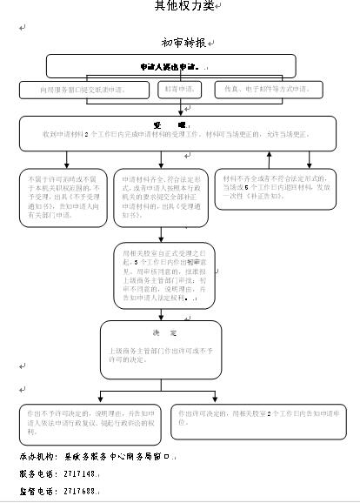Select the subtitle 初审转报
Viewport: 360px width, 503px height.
pyautogui.click(x=183, y=42)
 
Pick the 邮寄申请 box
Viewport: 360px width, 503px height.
pyautogui.click(x=180, y=90)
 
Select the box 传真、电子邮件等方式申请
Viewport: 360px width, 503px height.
pyautogui.click(x=268, y=90)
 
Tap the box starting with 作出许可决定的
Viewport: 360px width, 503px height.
pyautogui.click(x=255, y=417)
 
